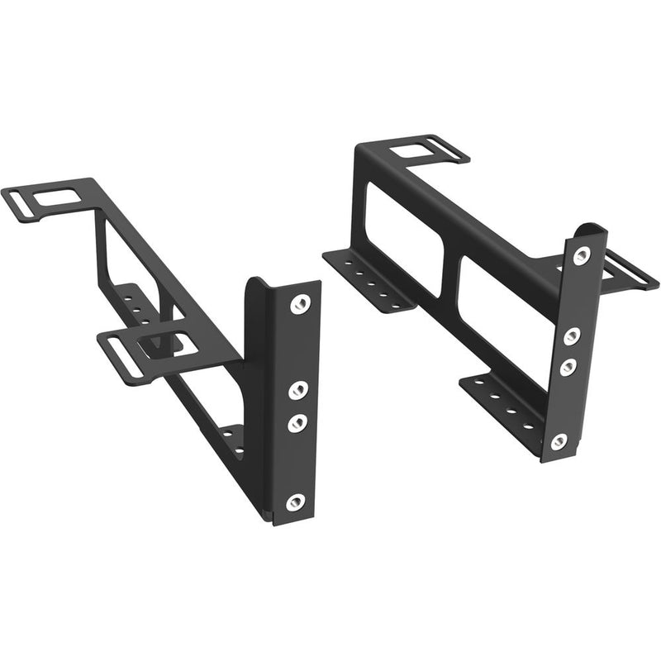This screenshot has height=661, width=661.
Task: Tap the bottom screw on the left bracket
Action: click(294, 502)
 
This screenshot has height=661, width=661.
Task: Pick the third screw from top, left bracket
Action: click(295, 421)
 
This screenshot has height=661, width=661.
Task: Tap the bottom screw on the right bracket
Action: click(559, 442)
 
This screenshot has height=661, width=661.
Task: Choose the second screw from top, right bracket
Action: click(572, 335)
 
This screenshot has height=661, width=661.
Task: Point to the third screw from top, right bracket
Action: click(568, 366)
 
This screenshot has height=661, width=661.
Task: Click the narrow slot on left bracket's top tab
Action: click(31, 209)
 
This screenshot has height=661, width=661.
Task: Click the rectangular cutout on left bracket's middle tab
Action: click(169, 345)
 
